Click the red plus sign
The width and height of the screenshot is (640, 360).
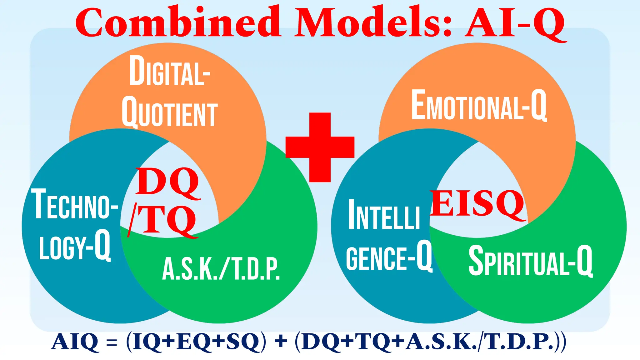tap(320, 147)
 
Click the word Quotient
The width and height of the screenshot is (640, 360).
tap(170, 112)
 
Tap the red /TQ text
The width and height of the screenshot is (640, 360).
tap(162, 220)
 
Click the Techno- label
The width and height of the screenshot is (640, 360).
tap(75, 204)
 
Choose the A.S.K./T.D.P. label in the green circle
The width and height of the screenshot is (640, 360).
tap(221, 269)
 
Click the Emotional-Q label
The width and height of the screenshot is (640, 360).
tap(479, 105)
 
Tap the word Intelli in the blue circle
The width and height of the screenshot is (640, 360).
tap(384, 215)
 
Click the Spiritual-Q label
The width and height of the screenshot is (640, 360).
tap(530, 261)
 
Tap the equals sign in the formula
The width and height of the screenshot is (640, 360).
tap(112, 342)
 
